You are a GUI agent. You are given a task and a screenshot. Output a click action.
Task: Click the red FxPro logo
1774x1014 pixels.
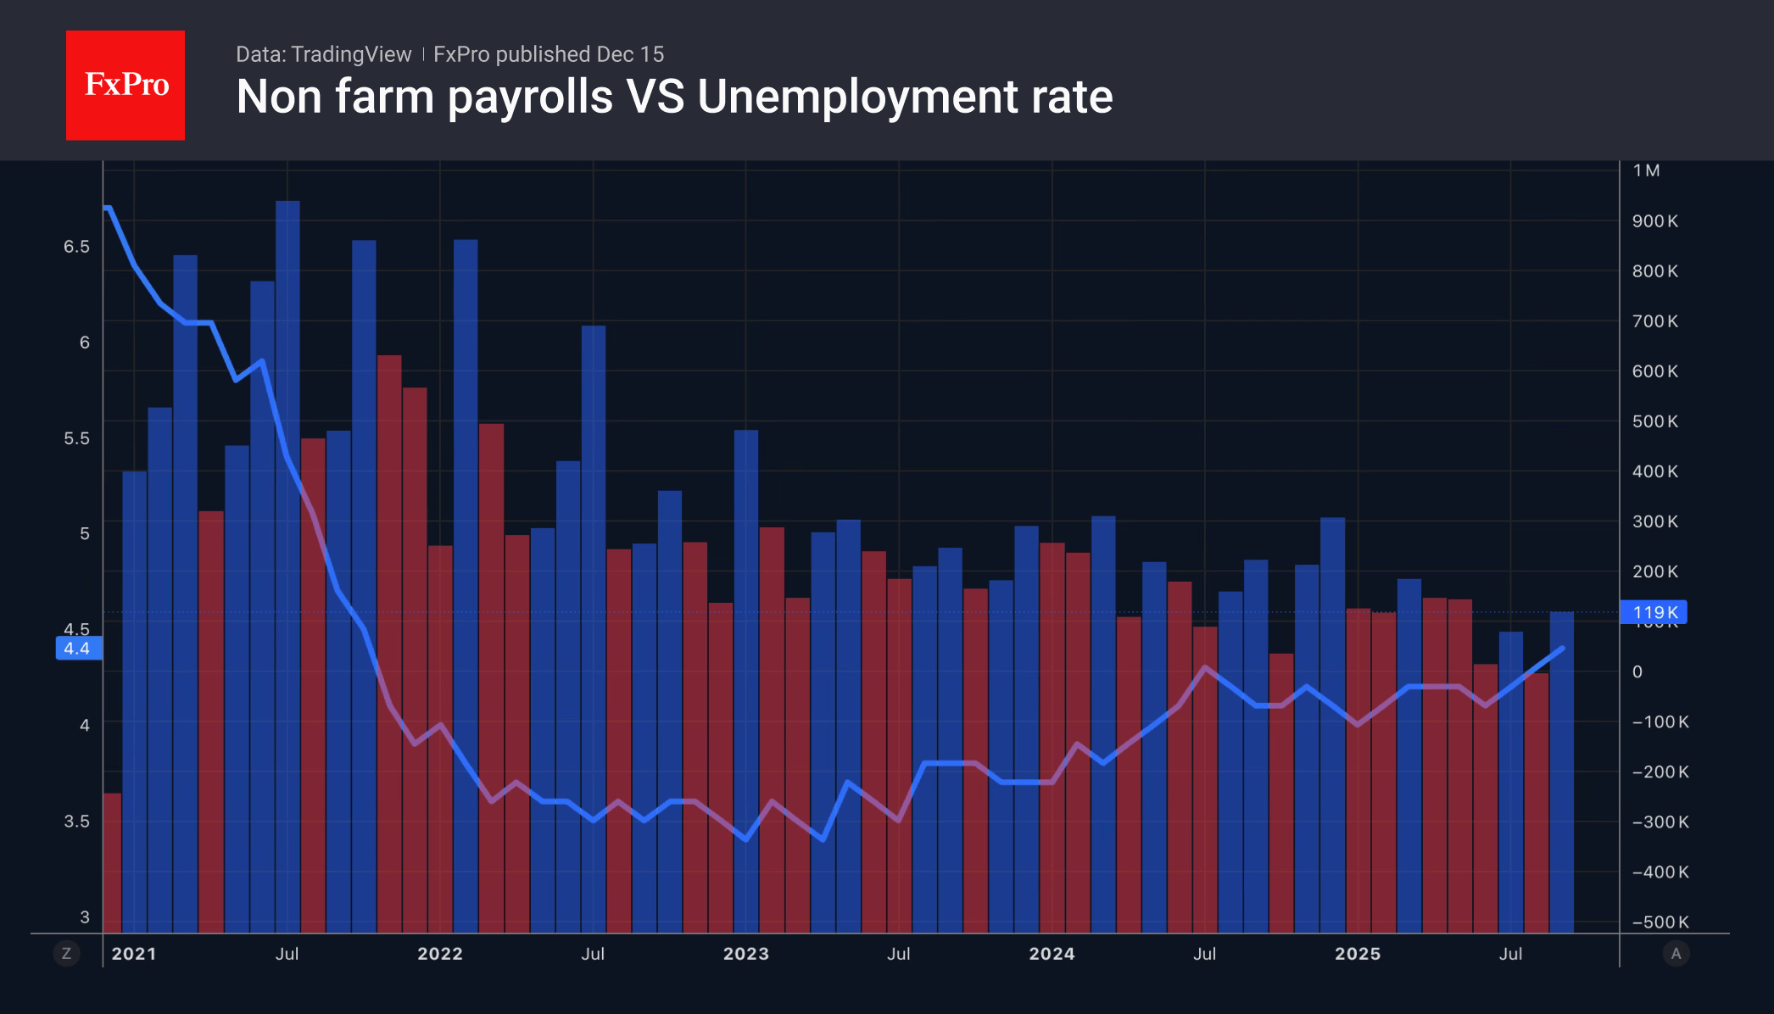pyautogui.click(x=126, y=85)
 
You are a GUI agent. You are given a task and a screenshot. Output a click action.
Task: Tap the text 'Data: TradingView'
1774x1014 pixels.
pyautogui.click(x=323, y=54)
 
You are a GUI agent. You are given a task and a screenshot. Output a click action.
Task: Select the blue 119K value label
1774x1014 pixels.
pyautogui.click(x=1654, y=612)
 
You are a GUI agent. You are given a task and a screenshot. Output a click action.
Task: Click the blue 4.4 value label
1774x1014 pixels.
pyautogui.click(x=78, y=649)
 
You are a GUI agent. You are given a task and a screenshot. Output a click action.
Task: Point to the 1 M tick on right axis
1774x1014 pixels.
pyautogui.click(x=1646, y=170)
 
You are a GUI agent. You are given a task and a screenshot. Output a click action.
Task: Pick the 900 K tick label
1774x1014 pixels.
pyautogui.click(x=1654, y=221)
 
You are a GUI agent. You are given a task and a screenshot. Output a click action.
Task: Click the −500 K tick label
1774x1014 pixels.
pyautogui.click(x=1660, y=922)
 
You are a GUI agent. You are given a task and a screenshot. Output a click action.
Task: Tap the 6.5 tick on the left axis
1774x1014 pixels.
pyautogui.click(x=76, y=247)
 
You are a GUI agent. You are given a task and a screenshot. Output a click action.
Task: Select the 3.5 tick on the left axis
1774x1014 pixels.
pyautogui.click(x=76, y=821)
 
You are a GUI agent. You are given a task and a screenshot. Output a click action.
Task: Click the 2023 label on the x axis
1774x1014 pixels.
pyautogui.click(x=745, y=954)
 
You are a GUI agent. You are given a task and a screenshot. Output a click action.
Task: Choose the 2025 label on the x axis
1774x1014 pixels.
pyautogui.click(x=1357, y=954)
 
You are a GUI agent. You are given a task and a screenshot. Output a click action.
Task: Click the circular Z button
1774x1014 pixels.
pyautogui.click(x=66, y=954)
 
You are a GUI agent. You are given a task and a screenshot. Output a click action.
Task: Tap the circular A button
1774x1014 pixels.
pyautogui.click(x=1676, y=954)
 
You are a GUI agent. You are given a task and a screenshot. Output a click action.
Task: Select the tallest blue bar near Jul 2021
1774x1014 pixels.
pyautogui.click(x=287, y=560)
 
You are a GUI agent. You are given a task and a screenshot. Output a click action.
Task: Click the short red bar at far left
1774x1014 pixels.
pyautogui.click(x=112, y=861)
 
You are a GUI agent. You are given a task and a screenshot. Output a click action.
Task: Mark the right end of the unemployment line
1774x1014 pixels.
pyautogui.click(x=1562, y=649)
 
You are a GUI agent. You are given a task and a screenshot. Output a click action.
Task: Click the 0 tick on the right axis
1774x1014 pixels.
pyautogui.click(x=1637, y=671)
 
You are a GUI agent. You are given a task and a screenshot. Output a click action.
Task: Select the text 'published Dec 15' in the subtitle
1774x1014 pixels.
pyautogui.click(x=579, y=54)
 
